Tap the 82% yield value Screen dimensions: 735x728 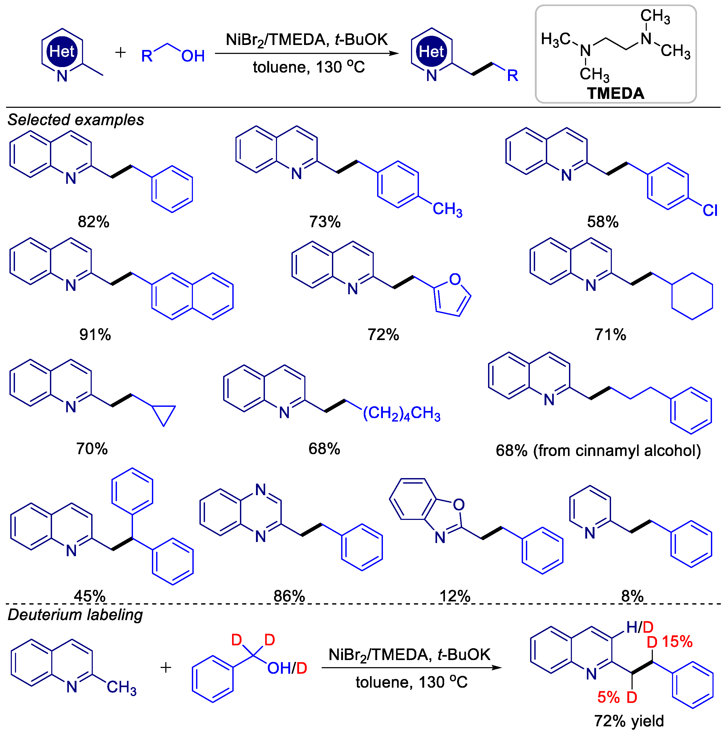pos(94,222)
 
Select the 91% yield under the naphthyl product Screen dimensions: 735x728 pos(95,335)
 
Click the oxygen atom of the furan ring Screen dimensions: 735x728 pos(455,279)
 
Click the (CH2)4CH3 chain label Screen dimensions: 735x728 pos(401,414)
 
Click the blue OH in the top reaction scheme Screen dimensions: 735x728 pos(193,56)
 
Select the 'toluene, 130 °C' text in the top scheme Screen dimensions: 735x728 pos(309,67)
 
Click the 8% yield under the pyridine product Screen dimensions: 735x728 pos(632,596)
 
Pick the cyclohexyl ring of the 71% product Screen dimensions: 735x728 pos(692,296)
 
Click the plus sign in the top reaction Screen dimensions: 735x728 pos(121,52)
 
